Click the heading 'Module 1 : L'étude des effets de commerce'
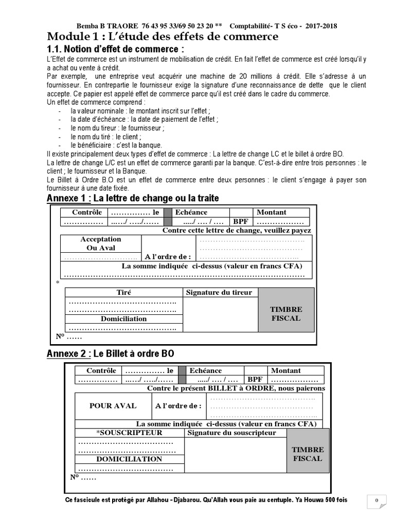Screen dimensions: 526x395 [163, 36]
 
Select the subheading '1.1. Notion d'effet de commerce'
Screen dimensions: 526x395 [115, 49]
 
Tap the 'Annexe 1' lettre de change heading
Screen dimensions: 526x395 [133, 198]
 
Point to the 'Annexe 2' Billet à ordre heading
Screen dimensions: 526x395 [110, 354]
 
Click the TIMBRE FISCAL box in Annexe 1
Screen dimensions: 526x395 [286, 314]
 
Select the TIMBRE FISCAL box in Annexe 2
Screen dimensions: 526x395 [308, 454]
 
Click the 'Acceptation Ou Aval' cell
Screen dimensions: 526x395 [101, 243]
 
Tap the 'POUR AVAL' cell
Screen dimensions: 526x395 [113, 406]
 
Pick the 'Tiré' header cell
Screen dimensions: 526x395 [123, 292]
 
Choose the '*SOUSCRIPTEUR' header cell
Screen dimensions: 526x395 [129, 433]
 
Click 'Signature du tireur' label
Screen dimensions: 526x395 [219, 292]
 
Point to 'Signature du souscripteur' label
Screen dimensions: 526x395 [232, 433]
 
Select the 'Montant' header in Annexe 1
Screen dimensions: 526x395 [272, 212]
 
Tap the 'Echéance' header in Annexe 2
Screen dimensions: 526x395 [206, 370]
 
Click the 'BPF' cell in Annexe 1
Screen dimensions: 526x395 [241, 221]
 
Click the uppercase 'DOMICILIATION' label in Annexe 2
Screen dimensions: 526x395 [129, 459]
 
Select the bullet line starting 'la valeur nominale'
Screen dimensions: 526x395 [133, 110]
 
